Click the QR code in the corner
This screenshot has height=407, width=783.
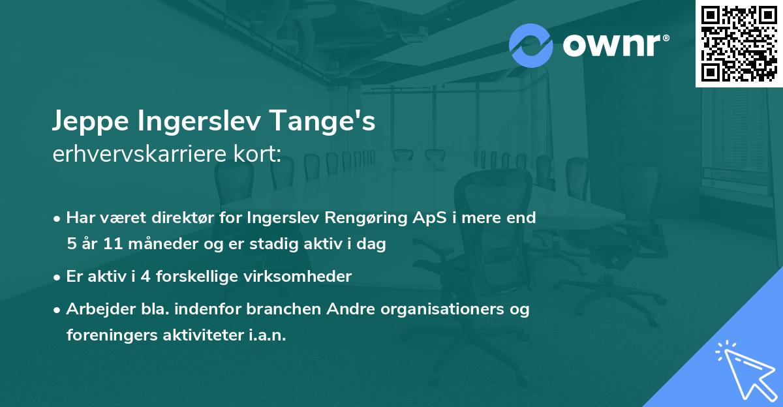[738, 43]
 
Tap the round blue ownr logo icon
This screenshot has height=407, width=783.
[531, 45]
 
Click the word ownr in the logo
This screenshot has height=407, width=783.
[611, 46]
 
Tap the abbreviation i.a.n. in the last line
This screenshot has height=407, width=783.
[268, 335]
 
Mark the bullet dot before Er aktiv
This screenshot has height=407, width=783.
[58, 277]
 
